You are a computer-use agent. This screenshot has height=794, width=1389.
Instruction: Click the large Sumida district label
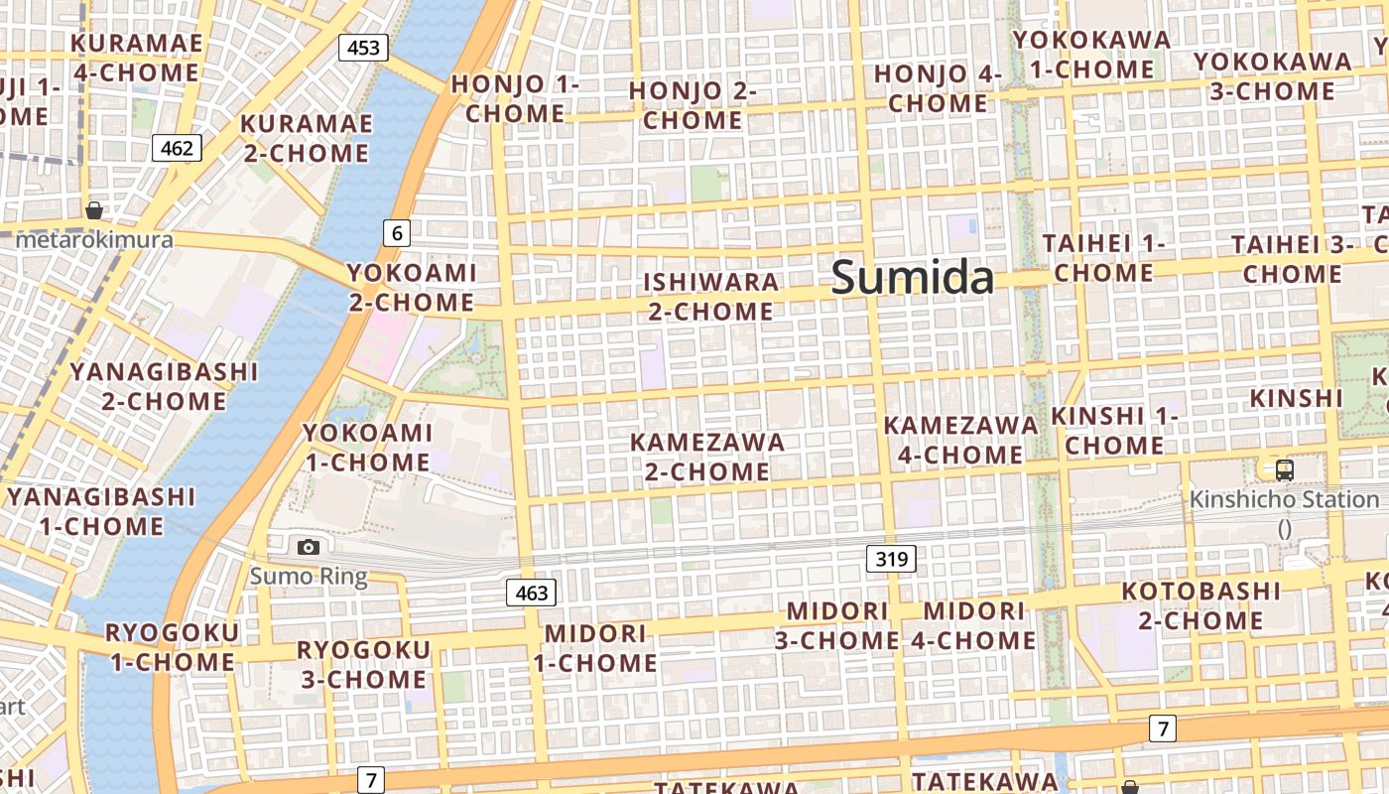pyautogui.click(x=912, y=277)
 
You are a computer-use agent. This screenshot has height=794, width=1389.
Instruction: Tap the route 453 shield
pyautogui.click(x=362, y=47)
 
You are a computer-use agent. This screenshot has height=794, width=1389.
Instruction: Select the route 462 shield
pyautogui.click(x=177, y=148)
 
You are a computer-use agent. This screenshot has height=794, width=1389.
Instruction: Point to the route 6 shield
pyautogui.click(x=397, y=233)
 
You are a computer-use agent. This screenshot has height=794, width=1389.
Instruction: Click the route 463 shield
pyautogui.click(x=532, y=594)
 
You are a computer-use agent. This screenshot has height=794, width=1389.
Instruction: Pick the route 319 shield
pyautogui.click(x=891, y=559)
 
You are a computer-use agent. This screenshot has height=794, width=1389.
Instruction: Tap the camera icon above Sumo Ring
pyautogui.click(x=309, y=547)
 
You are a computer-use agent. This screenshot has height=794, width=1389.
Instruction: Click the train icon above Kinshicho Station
pyautogui.click(x=1284, y=470)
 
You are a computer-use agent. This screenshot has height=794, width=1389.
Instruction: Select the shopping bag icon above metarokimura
pyautogui.click(x=94, y=210)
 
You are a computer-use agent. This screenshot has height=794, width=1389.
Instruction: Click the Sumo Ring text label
pyautogui.click(x=308, y=576)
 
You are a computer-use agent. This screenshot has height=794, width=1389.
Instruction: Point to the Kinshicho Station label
pyautogui.click(x=1284, y=499)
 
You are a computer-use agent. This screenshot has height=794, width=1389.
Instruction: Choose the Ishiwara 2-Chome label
pyautogui.click(x=710, y=296)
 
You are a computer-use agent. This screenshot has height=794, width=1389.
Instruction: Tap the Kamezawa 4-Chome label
pyautogui.click(x=960, y=440)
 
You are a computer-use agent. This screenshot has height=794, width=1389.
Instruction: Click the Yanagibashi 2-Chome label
pyautogui.click(x=164, y=386)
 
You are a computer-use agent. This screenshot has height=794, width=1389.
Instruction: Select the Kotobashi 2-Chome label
pyautogui.click(x=1200, y=605)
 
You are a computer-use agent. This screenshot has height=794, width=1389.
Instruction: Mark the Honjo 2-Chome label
pyautogui.click(x=693, y=105)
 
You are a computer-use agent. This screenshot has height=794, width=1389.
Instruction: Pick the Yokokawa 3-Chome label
pyautogui.click(x=1272, y=75)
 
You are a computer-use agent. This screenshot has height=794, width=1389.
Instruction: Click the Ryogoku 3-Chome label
pyautogui.click(x=364, y=664)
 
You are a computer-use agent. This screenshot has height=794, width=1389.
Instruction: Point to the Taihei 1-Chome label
pyautogui.click(x=1104, y=257)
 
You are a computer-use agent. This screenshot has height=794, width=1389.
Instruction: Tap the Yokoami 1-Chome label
pyautogui.click(x=367, y=447)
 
